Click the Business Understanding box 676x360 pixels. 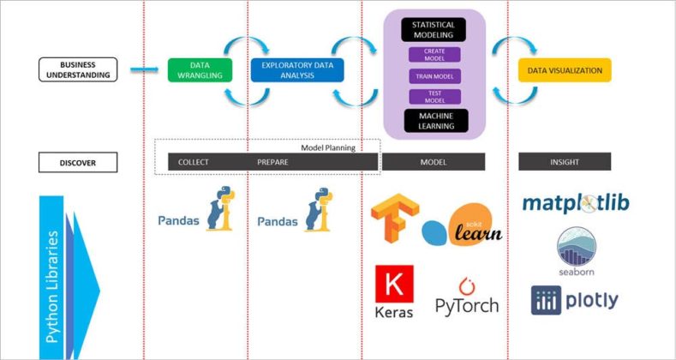(78, 69)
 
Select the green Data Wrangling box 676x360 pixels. (200, 70)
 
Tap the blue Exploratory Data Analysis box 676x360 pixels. (296, 70)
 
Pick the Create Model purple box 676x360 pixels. (434, 55)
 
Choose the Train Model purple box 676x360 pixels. (434, 76)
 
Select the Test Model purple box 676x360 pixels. (434, 97)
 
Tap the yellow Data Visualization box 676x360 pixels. (565, 70)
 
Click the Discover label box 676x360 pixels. (78, 162)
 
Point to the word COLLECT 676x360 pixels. (193, 162)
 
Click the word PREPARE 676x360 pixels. (272, 162)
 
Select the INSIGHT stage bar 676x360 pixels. (565, 162)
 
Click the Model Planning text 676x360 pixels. (327, 147)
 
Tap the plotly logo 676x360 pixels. (574, 300)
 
